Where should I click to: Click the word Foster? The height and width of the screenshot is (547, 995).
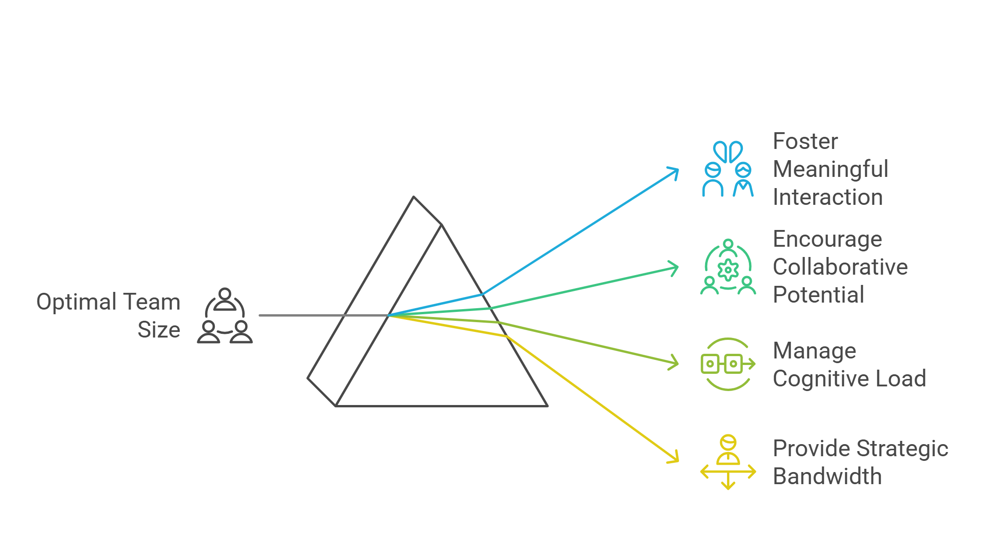pyautogui.click(x=805, y=142)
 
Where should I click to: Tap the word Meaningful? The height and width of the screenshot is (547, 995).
pyautogui.click(x=830, y=169)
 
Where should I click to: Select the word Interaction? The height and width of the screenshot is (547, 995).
pyautogui.click(x=827, y=197)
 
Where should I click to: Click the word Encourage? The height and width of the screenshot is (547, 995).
pyautogui.click(x=827, y=240)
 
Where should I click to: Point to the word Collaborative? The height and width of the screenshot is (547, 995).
pyautogui.click(x=840, y=267)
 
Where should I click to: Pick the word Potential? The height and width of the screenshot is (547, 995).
pyautogui.click(x=818, y=295)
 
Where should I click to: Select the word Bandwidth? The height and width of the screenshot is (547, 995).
pyautogui.click(x=827, y=477)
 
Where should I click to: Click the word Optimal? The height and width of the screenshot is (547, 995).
pyautogui.click(x=76, y=302)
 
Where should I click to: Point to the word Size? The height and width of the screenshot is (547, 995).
pyautogui.click(x=158, y=330)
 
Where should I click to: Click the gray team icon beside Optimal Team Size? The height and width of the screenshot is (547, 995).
pyautogui.click(x=225, y=316)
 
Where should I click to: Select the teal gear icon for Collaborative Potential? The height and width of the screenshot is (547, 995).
pyautogui.click(x=728, y=267)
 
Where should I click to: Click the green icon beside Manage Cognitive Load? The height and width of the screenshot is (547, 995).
pyautogui.click(x=728, y=364)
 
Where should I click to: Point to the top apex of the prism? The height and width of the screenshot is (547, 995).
pyautogui.click(x=413, y=197)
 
